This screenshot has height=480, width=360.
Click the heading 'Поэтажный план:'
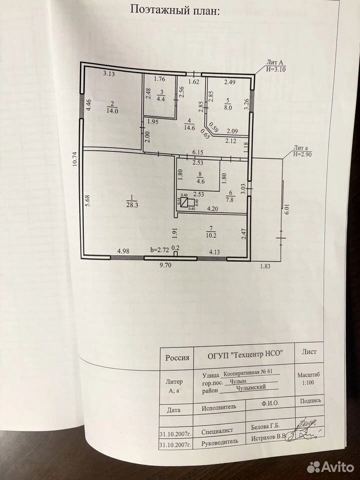[175, 9]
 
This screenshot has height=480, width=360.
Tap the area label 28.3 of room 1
[132, 205]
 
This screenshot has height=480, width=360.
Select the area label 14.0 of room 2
[112, 111]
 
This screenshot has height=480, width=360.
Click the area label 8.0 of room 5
[228, 107]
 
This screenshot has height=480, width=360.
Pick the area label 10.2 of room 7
[211, 235]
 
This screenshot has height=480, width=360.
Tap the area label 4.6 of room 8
[200, 181]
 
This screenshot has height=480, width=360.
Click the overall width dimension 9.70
[165, 265]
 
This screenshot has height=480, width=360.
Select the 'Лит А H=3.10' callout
[275, 66]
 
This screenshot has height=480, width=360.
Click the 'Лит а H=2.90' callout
[302, 151]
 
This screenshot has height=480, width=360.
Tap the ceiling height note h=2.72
[159, 250]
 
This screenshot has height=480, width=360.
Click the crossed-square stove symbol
[184, 202]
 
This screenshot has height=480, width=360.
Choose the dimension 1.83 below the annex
[265, 266]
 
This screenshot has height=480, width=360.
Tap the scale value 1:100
[308, 382]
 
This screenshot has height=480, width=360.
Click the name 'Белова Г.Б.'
[265, 426]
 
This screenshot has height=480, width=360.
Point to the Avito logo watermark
[330, 467]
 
